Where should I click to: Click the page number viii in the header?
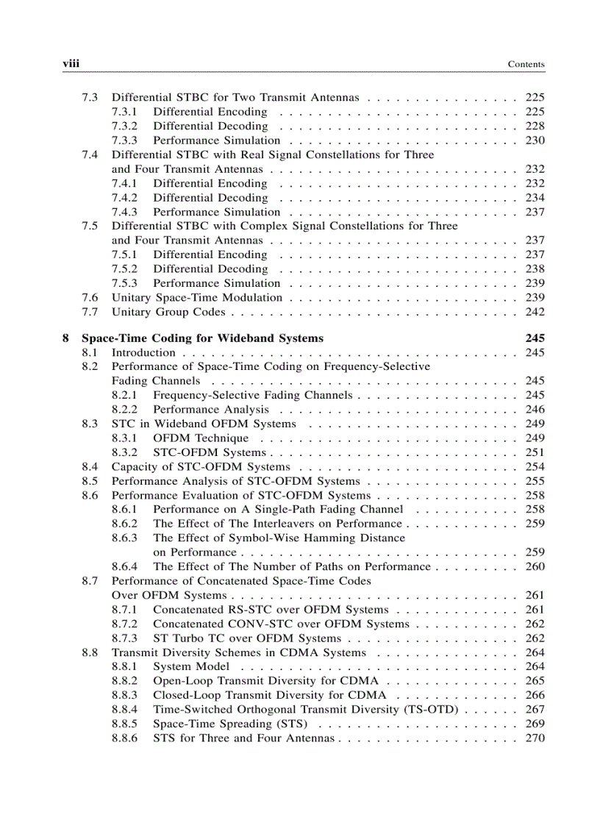(71, 64)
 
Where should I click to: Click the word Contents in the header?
(526, 65)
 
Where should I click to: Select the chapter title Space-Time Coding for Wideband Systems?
(202, 338)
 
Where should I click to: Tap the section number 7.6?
(90, 298)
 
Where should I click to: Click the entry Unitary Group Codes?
(168, 312)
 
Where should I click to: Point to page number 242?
(535, 312)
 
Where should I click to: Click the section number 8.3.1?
(124, 438)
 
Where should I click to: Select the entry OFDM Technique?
(201, 438)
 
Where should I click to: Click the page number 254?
(535, 467)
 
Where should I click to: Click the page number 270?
(535, 738)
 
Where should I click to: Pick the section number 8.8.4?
(124, 710)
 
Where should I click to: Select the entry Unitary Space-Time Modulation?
(196, 298)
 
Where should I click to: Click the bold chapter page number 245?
(535, 338)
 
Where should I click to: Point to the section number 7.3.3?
(124, 140)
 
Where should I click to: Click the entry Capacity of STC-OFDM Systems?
(201, 467)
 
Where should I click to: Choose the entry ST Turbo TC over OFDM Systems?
(247, 638)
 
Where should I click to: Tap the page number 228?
(535, 127)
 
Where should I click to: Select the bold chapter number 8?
(66, 338)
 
